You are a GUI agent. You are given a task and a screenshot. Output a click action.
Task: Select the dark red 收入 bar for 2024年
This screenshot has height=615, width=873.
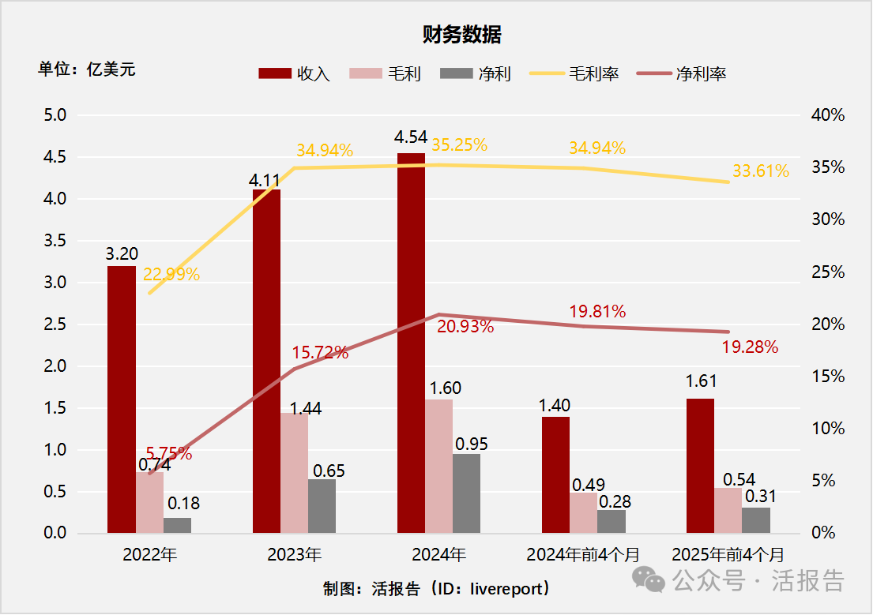pyautogui.click(x=411, y=343)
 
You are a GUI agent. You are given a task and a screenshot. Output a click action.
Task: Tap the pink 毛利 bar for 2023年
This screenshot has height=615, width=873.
pyautogui.click(x=294, y=473)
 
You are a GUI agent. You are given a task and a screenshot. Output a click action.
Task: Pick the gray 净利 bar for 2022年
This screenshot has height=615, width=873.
pyautogui.click(x=177, y=526)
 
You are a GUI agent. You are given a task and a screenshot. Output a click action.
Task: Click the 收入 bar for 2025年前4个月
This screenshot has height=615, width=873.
pyautogui.click(x=700, y=466)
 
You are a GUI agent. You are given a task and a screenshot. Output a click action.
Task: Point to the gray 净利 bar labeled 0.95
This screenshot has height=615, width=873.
pyautogui.click(x=466, y=493)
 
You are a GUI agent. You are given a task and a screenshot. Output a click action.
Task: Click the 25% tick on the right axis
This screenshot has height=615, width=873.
pyautogui.click(x=828, y=272)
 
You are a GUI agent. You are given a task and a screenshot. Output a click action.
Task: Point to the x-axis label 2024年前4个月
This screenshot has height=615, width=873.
pyautogui.click(x=584, y=555)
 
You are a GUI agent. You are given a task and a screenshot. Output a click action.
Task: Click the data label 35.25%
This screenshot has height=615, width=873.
pyautogui.click(x=459, y=145)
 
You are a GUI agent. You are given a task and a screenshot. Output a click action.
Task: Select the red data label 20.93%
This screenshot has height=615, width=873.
pyautogui.click(x=465, y=326)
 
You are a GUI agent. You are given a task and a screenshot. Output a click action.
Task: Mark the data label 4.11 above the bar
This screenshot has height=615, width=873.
pyautogui.click(x=265, y=178)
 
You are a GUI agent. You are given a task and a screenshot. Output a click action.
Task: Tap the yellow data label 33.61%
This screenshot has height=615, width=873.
pyautogui.click(x=760, y=171)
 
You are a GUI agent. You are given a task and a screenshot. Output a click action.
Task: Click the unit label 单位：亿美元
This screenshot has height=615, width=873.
pyautogui.click(x=87, y=69)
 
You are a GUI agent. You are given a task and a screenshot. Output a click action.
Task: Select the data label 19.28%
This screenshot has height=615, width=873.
pyautogui.click(x=750, y=347)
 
